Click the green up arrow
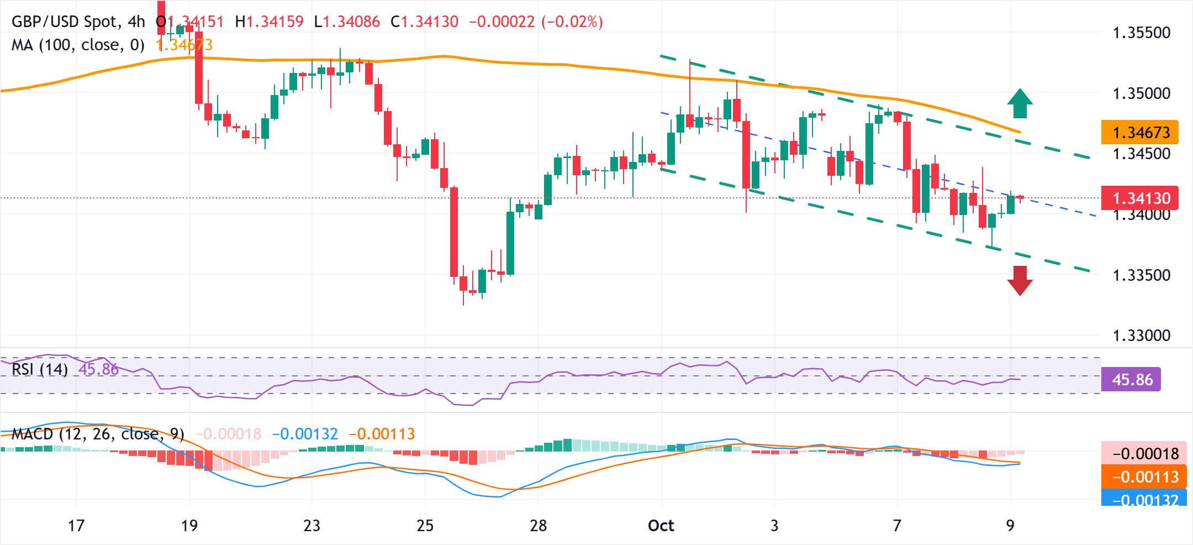1020,104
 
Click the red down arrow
1020,280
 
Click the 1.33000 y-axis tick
1141,336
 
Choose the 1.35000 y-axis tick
1141,93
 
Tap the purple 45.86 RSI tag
1131,380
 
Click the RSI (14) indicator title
40,369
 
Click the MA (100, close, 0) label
78,45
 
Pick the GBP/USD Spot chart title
65,22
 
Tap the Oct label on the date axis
661,525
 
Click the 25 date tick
425,525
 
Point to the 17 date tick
76,525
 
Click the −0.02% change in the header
572,22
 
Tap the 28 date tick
539,525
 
